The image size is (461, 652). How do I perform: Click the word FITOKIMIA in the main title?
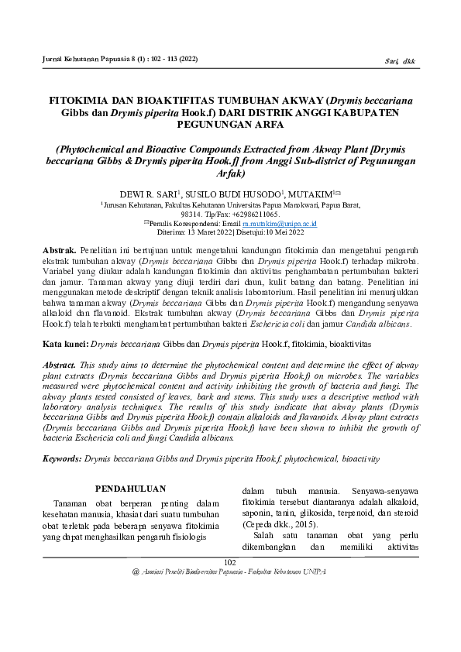[x=81, y=101]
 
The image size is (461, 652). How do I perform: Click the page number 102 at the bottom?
[x=229, y=562]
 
